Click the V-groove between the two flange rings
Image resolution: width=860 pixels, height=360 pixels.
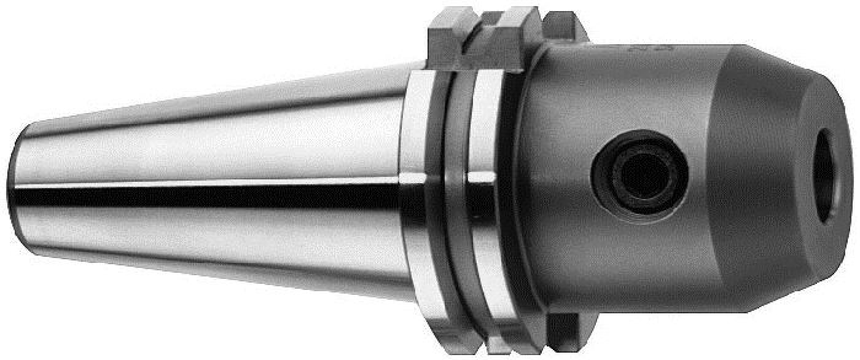tap(455, 184)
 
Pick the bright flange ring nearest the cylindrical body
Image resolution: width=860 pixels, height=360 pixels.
tap(491, 184)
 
